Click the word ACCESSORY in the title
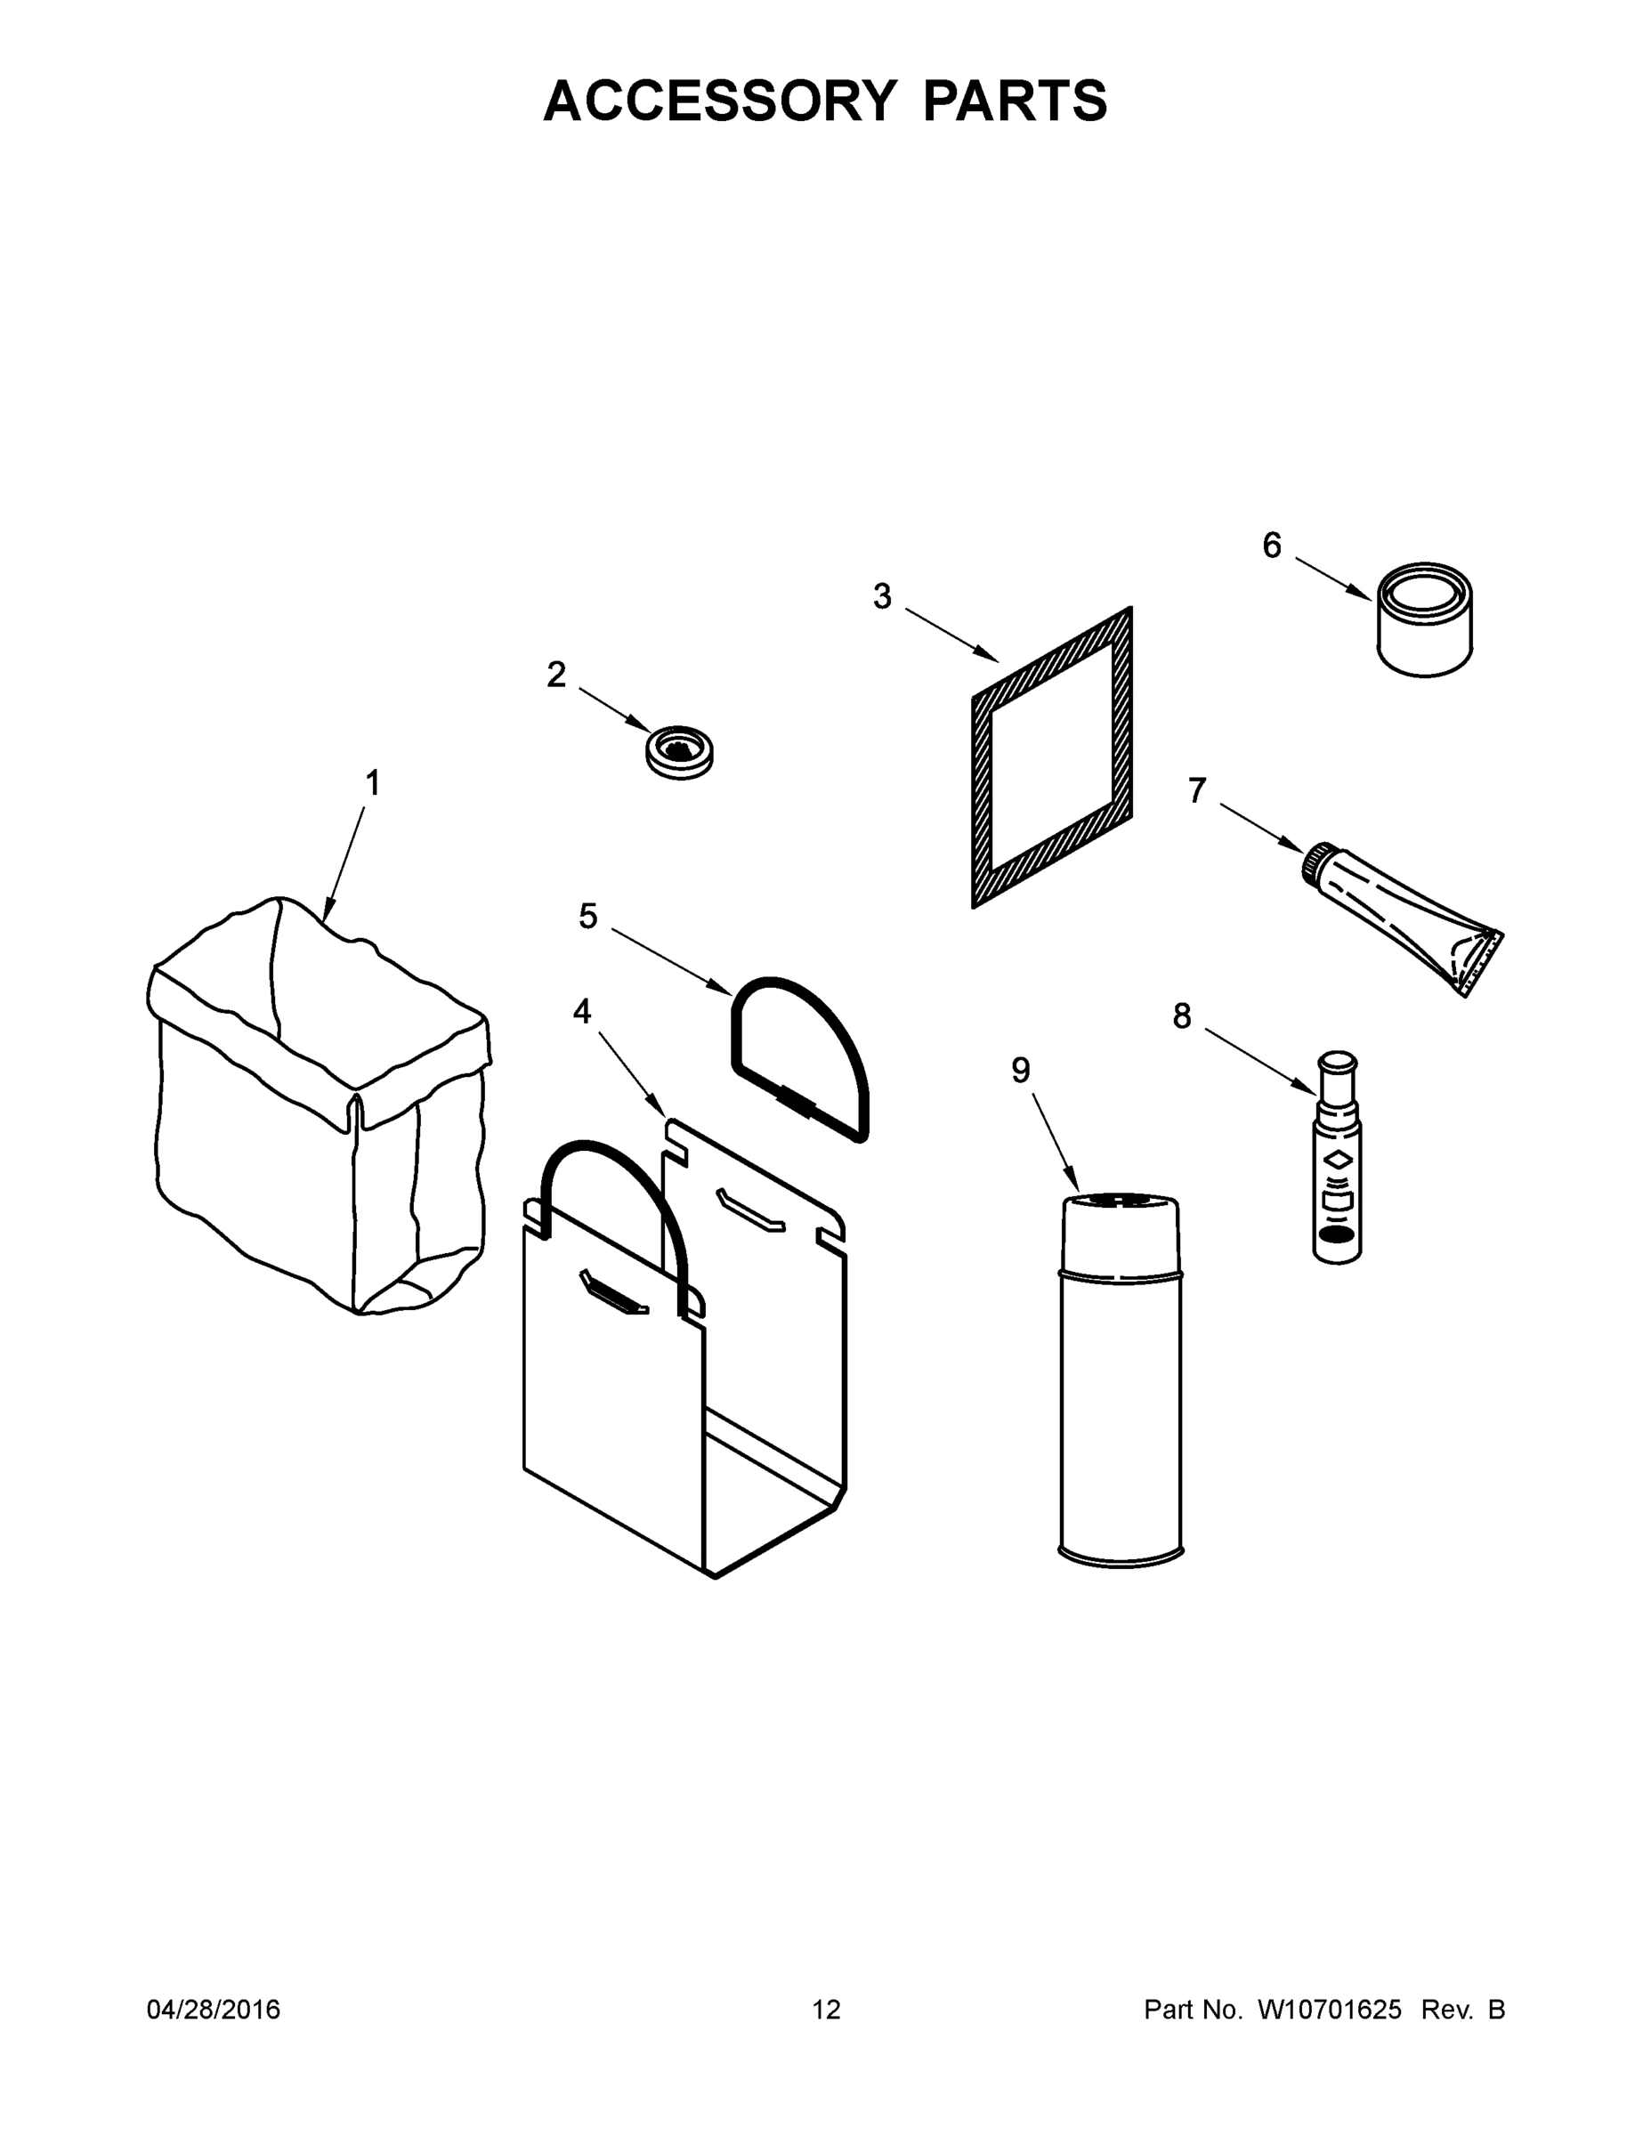point(719,101)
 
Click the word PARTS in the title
point(1015,101)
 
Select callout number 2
point(555,674)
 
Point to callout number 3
point(882,595)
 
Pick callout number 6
point(1271,545)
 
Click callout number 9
point(1020,1070)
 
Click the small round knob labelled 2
point(680,752)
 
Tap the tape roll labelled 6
point(1425,619)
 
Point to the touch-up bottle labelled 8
point(1337,1160)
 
